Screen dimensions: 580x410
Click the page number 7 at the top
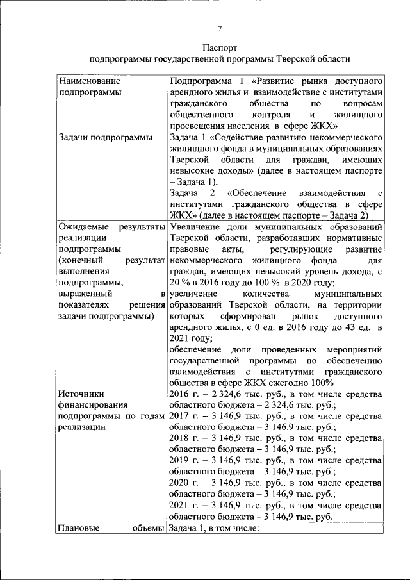(220, 29)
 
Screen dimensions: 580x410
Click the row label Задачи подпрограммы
(105, 137)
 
